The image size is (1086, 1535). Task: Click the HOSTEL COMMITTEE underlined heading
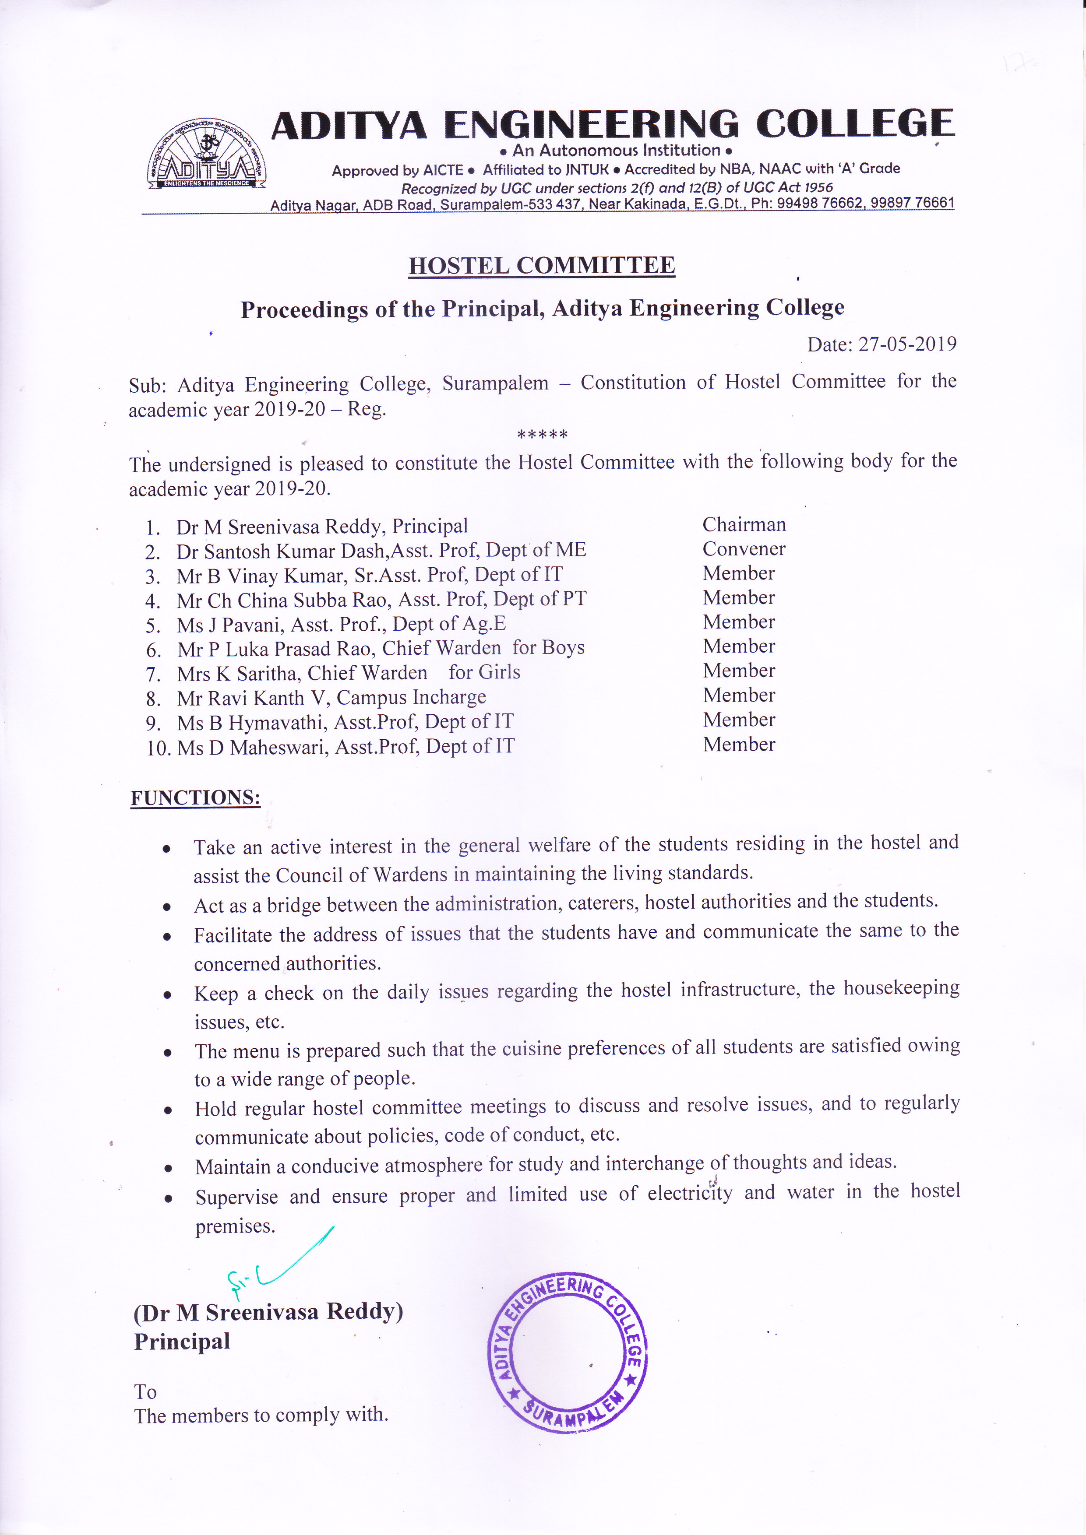click(542, 265)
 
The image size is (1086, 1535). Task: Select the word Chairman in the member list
click(744, 525)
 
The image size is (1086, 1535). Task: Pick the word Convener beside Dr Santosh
click(744, 549)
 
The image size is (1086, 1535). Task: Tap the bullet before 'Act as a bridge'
click(167, 907)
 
